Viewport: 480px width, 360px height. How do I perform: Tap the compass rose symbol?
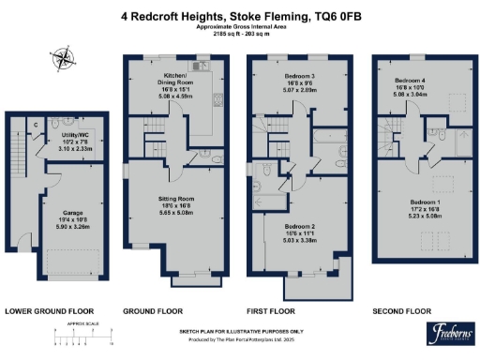[x=64, y=62]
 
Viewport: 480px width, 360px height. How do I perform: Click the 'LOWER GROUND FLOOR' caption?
[x=49, y=310]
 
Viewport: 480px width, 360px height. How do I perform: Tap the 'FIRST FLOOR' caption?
[x=270, y=310]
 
